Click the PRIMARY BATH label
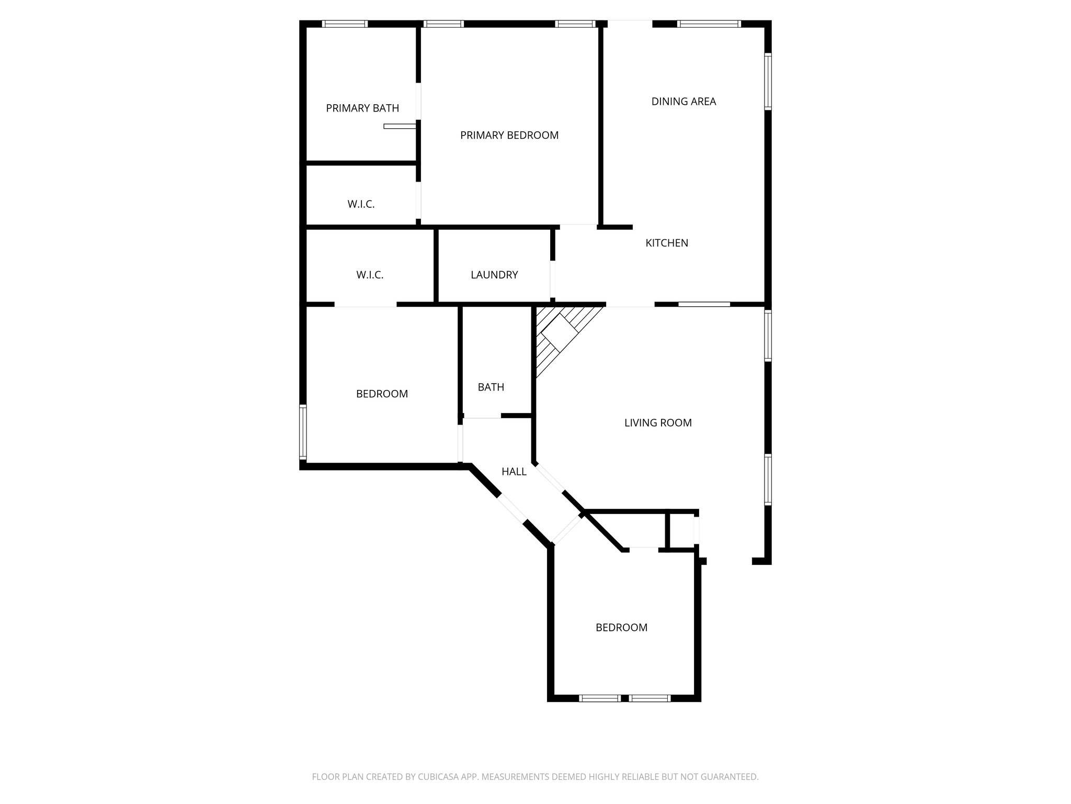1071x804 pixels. (x=362, y=108)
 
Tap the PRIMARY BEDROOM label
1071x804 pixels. (x=509, y=136)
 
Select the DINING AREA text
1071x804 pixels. (x=683, y=102)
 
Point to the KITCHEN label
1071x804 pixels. (x=667, y=243)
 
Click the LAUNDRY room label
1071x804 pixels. (x=494, y=275)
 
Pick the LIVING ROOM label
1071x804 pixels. (x=658, y=423)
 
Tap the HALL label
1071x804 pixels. (x=514, y=472)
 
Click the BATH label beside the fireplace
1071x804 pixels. (x=491, y=387)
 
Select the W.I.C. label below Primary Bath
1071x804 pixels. (x=361, y=204)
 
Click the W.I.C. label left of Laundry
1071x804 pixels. (x=370, y=275)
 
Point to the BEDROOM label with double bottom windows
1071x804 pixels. (x=621, y=628)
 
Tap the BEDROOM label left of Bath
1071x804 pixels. (x=382, y=394)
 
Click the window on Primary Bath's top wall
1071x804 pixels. (x=344, y=24)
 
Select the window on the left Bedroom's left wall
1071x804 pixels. (x=303, y=432)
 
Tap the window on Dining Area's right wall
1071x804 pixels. (x=768, y=81)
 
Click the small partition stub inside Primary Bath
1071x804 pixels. (x=400, y=126)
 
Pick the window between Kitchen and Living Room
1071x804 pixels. (x=704, y=304)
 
